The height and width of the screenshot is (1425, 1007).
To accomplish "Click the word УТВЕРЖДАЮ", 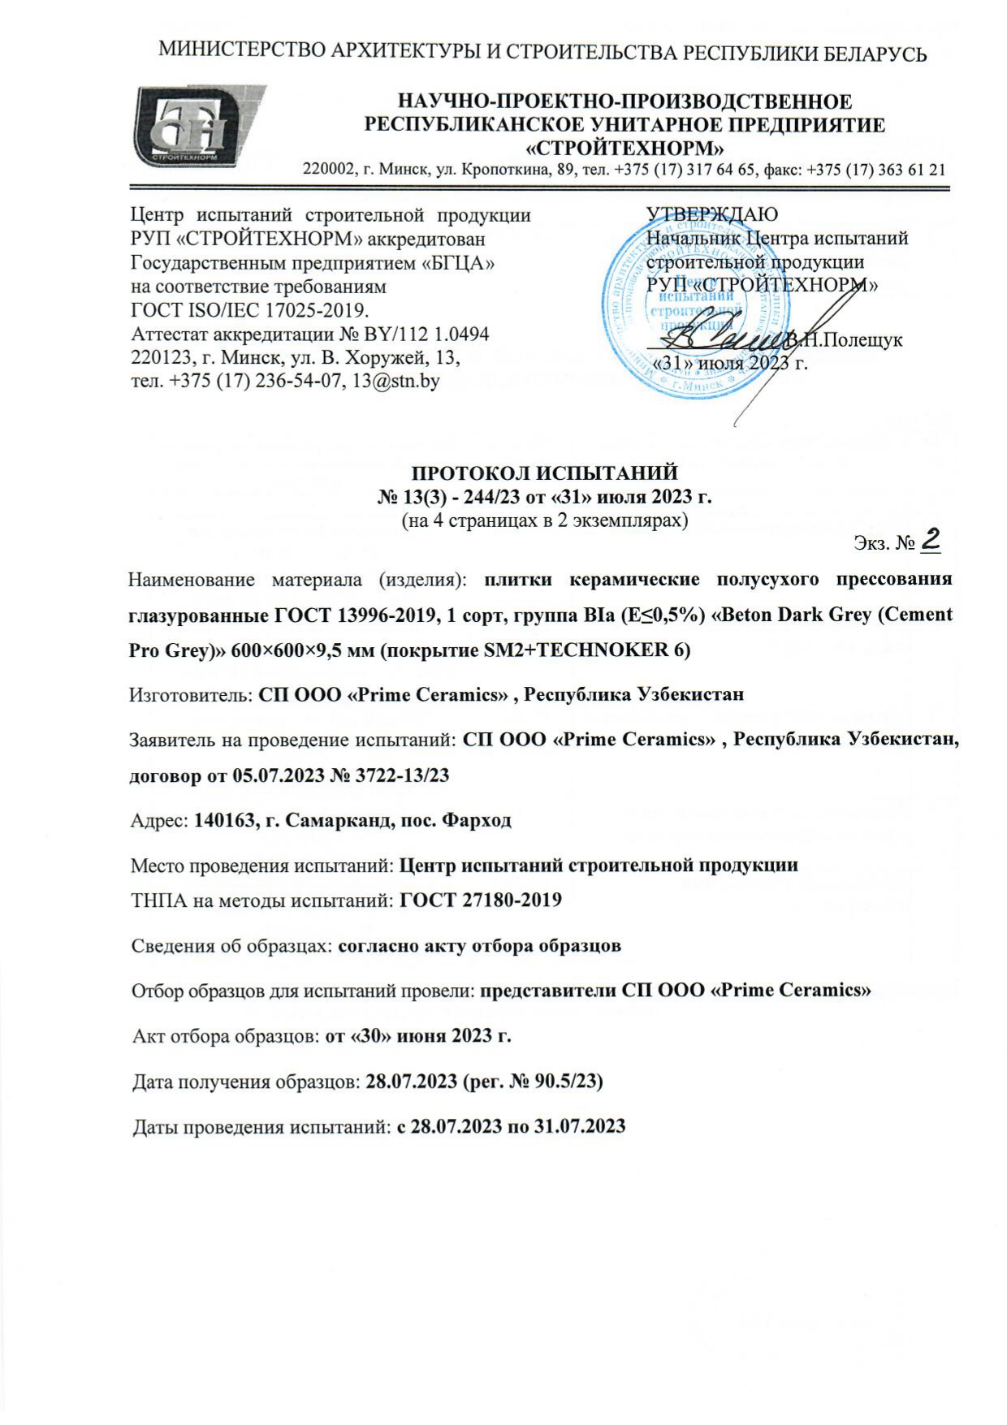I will coord(711,214).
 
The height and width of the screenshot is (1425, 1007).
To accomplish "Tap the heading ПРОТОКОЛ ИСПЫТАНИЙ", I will coord(544,473).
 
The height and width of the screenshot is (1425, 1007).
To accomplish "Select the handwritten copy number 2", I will coord(931,540).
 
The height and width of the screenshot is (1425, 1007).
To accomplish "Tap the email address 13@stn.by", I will coord(395,381).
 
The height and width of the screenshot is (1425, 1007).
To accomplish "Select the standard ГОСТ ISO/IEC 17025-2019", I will coord(249,310).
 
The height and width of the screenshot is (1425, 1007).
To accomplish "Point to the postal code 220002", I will coord(329,170).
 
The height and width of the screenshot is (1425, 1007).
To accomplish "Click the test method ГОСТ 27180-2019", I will coord(481,900).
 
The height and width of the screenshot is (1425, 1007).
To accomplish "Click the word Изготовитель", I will coord(190,694).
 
